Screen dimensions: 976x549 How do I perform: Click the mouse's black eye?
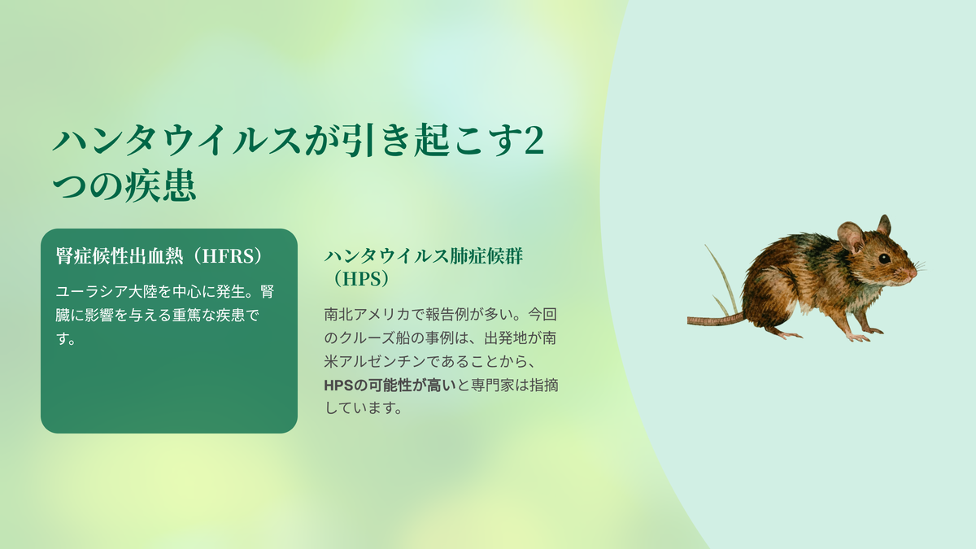click(884, 259)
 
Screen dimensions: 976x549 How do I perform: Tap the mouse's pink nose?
click(913, 273)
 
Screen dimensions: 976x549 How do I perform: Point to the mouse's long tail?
click(716, 320)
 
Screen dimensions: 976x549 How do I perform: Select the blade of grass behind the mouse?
click(721, 279)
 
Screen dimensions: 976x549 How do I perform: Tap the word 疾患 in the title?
click(160, 185)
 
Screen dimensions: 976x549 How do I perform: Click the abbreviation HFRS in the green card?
click(229, 256)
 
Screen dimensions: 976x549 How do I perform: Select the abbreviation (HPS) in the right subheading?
click(361, 279)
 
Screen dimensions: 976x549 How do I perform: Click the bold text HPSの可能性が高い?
click(390, 386)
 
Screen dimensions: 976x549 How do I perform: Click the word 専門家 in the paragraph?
click(492, 386)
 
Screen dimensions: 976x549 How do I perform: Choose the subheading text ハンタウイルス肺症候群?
click(424, 256)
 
